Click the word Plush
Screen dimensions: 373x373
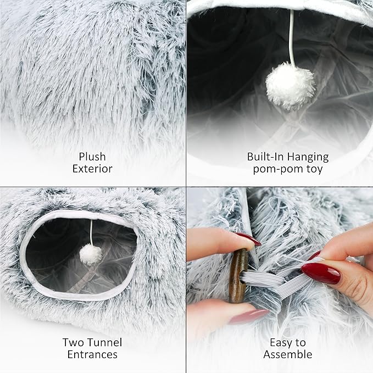coord(92,157)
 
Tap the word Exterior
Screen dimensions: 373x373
coord(92,169)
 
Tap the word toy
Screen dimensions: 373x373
coord(314,169)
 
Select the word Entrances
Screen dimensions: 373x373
coord(92,354)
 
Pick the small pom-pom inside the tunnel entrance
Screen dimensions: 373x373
coord(91,254)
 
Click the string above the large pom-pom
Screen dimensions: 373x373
coord(291,38)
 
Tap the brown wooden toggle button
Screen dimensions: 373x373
coord(238,275)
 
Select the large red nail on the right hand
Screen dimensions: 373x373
coord(321,273)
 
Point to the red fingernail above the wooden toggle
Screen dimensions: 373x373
coord(248,239)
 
